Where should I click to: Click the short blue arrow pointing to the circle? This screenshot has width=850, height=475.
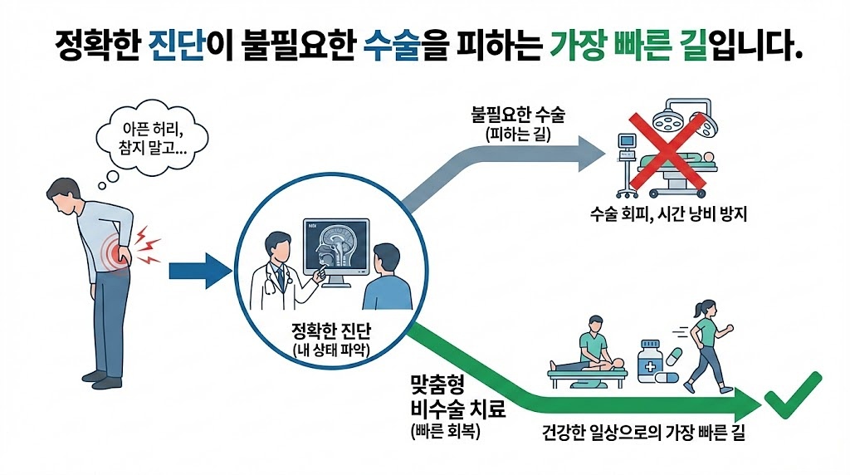pyautogui.click(x=198, y=271)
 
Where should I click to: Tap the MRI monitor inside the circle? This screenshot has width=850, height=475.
pyautogui.click(x=336, y=248)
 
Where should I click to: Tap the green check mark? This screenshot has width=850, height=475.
pyautogui.click(x=793, y=400)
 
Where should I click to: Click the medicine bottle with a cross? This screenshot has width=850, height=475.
pyautogui.click(x=650, y=360)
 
